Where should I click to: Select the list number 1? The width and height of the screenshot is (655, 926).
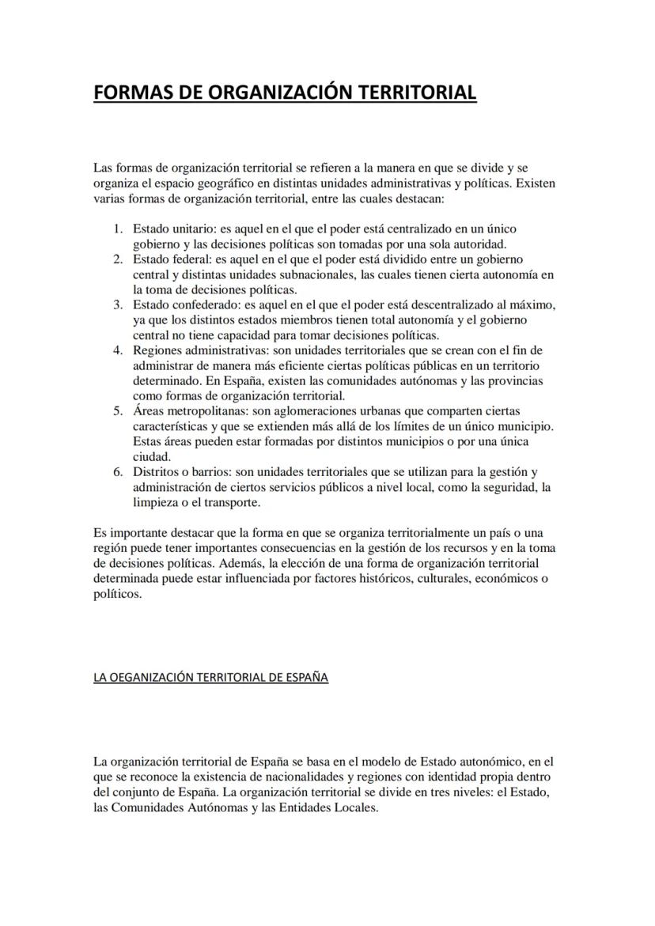[116, 229]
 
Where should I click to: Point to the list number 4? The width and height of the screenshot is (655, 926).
[116, 350]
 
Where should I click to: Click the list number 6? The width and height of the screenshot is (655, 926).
[116, 472]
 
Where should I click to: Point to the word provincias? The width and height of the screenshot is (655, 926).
[515, 380]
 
